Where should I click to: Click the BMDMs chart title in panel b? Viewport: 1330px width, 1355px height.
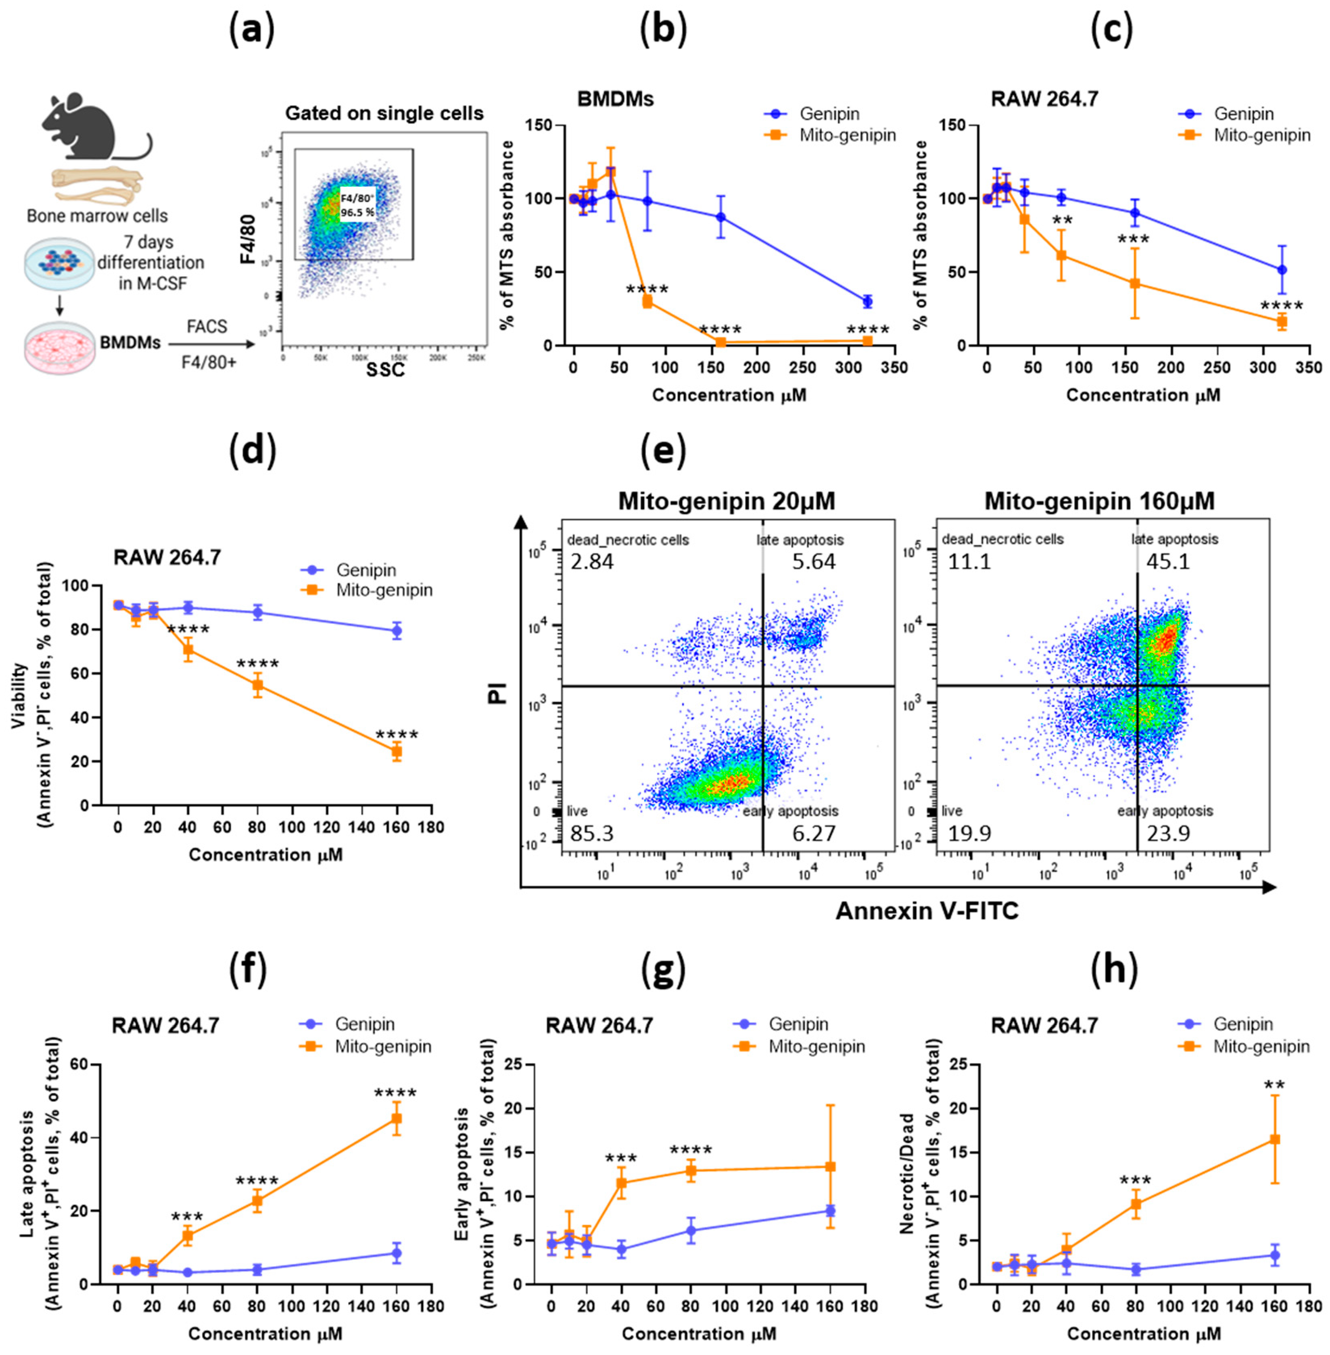coord(616,99)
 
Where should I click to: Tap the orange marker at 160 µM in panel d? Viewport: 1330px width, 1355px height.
coord(397,752)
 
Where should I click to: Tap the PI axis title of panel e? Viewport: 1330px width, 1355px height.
coord(497,687)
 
